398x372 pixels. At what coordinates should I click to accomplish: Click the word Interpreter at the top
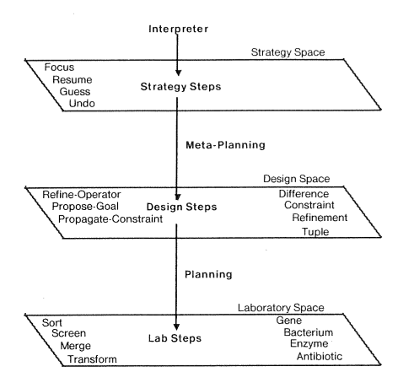[x=179, y=29]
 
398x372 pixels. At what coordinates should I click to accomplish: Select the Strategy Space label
[x=288, y=52]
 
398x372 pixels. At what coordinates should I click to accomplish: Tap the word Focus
[x=59, y=67]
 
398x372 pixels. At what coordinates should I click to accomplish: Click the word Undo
[x=82, y=103]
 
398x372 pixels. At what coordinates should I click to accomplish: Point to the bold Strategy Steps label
[x=180, y=87]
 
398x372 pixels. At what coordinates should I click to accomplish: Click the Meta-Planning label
[x=225, y=145]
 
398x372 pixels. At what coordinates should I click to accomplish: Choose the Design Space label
[x=297, y=179]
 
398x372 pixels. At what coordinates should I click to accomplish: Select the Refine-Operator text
[x=82, y=195]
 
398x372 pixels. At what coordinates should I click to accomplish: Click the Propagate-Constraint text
[x=110, y=219]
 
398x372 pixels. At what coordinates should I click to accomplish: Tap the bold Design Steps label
[x=181, y=207]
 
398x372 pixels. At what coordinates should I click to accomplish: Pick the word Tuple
[x=315, y=232]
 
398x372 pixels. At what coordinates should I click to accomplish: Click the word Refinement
[x=320, y=218]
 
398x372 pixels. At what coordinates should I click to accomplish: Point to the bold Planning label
[x=208, y=274]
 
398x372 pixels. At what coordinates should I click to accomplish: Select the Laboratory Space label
[x=281, y=308]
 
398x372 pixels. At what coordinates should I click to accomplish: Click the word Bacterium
[x=309, y=332]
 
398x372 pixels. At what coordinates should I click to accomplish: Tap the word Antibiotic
[x=320, y=357]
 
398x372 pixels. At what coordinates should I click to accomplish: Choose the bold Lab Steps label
[x=175, y=338]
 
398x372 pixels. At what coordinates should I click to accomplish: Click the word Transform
[x=92, y=359]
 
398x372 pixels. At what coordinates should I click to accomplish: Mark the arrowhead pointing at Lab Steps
[x=176, y=326]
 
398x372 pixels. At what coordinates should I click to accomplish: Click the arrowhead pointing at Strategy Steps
[x=178, y=73]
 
